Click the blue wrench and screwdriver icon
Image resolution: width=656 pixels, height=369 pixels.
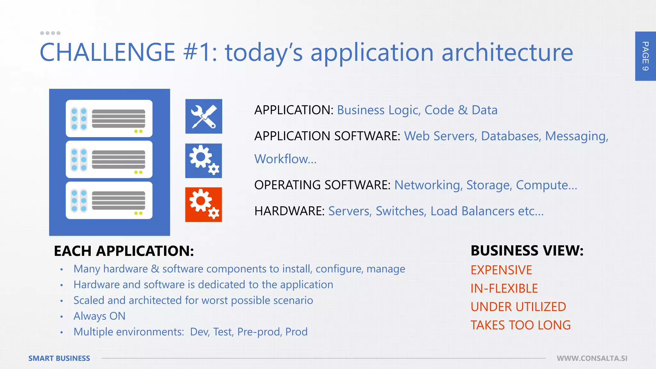click(x=204, y=116)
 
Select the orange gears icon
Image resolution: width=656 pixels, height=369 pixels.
click(x=204, y=205)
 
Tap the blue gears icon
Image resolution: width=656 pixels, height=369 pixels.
click(x=204, y=161)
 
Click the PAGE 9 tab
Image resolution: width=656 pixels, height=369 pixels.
click(x=645, y=56)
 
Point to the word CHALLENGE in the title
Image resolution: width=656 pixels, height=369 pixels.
click(x=107, y=53)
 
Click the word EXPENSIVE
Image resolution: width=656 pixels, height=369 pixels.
click(x=501, y=270)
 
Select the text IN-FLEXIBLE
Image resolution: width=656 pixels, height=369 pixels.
click(x=504, y=288)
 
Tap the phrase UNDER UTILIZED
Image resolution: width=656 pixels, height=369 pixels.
click(x=518, y=307)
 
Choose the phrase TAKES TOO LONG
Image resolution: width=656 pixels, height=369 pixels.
click(x=521, y=325)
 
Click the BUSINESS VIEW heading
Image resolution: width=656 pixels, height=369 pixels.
click(x=527, y=250)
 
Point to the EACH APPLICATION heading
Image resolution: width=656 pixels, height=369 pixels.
click(x=124, y=251)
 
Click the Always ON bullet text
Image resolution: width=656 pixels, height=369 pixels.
click(x=99, y=316)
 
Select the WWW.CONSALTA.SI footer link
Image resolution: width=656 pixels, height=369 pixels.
click(x=592, y=358)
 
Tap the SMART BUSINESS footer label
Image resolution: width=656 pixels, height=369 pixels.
click(x=59, y=358)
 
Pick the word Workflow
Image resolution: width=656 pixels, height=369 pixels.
click(x=285, y=159)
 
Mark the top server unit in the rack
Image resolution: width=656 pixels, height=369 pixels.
click(x=109, y=119)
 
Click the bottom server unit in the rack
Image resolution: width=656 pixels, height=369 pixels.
click(x=109, y=201)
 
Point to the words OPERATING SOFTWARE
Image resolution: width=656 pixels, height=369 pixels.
click(x=322, y=185)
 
